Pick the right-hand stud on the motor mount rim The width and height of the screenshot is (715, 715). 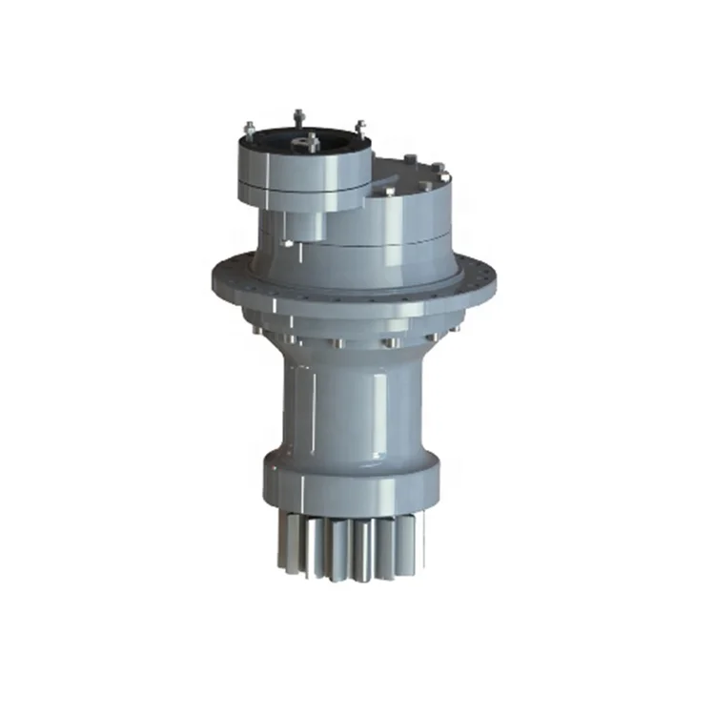(360, 128)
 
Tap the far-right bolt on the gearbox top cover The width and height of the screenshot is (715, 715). (440, 172)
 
